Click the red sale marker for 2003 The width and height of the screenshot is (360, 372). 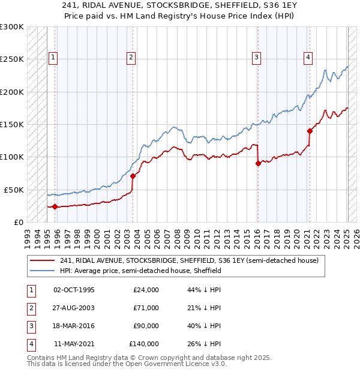(x=133, y=176)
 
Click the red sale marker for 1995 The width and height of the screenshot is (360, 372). (x=55, y=206)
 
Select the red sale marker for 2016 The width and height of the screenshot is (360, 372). (x=257, y=163)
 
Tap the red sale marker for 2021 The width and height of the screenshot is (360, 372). (x=310, y=131)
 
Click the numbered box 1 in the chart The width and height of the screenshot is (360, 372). (x=53, y=58)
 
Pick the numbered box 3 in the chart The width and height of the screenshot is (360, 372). (x=256, y=58)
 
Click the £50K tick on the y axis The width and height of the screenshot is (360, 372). (x=14, y=190)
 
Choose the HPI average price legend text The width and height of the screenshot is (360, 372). (x=140, y=271)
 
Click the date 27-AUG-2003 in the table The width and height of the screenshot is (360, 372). (x=74, y=308)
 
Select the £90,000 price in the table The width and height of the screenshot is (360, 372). (x=146, y=326)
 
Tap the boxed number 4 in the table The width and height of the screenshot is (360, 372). (x=30, y=344)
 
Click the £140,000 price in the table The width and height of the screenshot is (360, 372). (x=144, y=344)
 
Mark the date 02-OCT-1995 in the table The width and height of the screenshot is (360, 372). (x=74, y=290)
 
